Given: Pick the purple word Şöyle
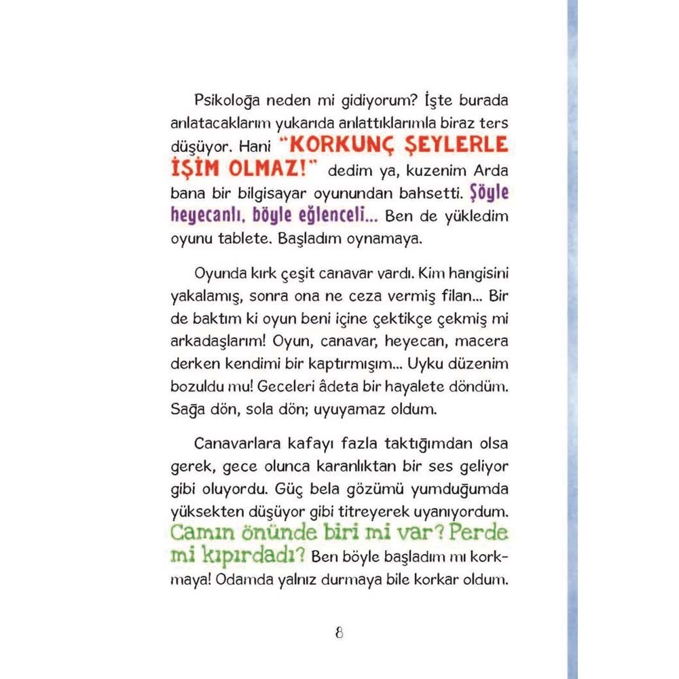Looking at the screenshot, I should [x=489, y=193].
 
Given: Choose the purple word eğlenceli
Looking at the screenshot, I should [x=337, y=217].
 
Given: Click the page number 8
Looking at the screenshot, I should [x=339, y=633].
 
